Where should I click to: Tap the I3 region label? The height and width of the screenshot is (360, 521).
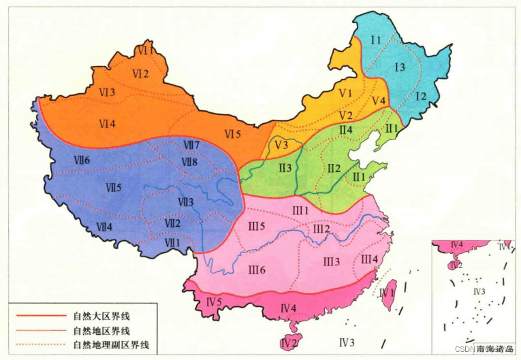399,66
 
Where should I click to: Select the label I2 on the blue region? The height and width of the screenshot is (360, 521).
420,96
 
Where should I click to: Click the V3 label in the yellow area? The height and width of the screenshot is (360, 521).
282,145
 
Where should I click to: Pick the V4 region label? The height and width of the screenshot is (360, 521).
379,101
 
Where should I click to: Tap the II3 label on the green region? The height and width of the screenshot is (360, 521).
285,168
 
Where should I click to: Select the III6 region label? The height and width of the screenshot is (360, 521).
257,270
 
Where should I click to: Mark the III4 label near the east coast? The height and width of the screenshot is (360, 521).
369,259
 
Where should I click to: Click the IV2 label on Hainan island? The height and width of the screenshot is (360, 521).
289,342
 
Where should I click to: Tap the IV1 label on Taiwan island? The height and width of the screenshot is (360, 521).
388,293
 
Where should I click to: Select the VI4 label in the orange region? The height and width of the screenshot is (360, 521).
106,123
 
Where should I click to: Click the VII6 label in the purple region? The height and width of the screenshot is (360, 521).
86,159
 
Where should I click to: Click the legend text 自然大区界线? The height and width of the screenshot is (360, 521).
101,316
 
